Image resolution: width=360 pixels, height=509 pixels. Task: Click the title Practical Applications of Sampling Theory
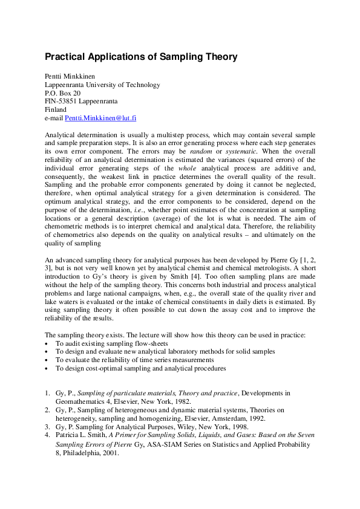point(141,57)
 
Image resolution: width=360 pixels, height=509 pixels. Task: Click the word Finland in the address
point(56,111)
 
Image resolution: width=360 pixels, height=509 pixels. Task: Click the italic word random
point(203,151)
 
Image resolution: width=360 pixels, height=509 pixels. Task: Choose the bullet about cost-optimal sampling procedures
point(140,368)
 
